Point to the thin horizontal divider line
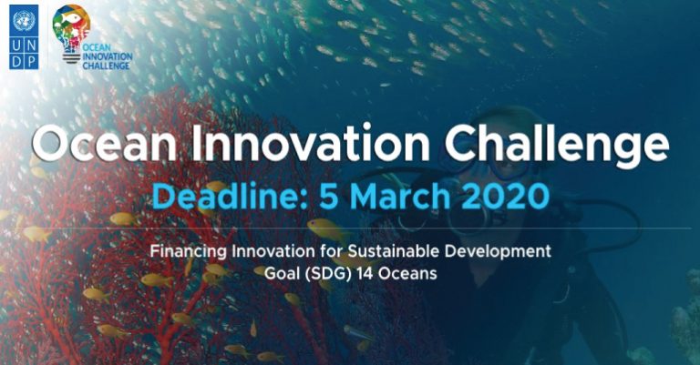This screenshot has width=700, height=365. [x=350, y=228]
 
